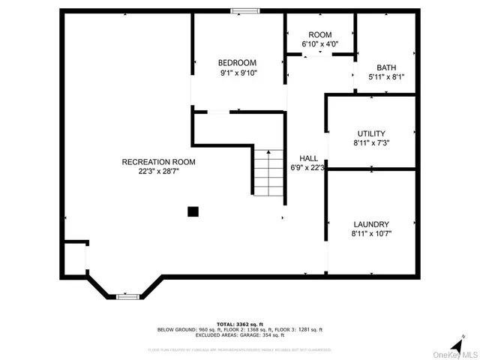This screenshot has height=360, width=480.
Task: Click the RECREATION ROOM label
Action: coord(158,161)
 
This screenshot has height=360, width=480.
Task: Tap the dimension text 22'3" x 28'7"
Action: coord(158,171)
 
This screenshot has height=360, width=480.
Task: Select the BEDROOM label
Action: coord(237,62)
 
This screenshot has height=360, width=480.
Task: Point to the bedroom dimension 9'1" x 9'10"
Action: coord(237,73)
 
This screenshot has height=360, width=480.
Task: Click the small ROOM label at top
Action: coord(319,35)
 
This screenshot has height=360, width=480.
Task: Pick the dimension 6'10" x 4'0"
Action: coord(319,45)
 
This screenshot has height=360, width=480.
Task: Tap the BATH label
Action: coord(386,67)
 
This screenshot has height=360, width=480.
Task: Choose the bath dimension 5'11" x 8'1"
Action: coord(386,76)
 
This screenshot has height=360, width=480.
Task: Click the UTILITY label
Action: coord(370,133)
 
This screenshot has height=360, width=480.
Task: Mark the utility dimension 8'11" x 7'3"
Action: coord(370,142)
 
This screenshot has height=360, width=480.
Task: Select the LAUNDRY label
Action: coord(370,223)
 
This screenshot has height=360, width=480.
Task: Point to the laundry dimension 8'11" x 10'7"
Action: coord(370,233)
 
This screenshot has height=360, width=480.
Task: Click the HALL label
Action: coord(308,158)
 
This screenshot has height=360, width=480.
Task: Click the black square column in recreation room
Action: coord(193,212)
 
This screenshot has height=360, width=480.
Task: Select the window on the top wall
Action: coord(244,10)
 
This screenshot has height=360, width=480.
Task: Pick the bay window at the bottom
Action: coord(127,297)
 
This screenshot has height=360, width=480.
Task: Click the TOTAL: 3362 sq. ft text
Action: coord(239,323)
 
